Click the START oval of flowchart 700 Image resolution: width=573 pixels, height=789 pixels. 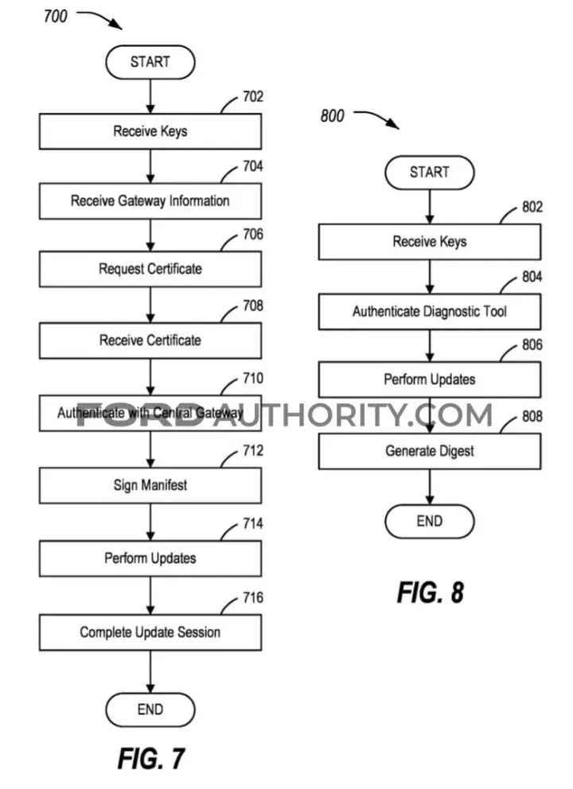click(x=150, y=62)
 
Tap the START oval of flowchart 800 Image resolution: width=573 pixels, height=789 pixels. click(x=430, y=172)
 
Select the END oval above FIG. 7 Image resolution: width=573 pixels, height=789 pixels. click(x=150, y=709)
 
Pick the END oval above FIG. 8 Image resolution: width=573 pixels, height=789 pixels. click(x=430, y=521)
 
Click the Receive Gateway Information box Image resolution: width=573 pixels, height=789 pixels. click(x=150, y=200)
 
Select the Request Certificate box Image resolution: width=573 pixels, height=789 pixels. click(x=150, y=269)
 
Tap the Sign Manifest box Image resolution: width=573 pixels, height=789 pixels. click(x=150, y=485)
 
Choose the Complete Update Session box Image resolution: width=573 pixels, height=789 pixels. click(x=150, y=632)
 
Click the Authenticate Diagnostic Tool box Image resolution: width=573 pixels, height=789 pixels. click(x=430, y=312)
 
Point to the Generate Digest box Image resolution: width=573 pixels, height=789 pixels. click(x=430, y=451)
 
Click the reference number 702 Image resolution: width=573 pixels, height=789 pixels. click(x=253, y=96)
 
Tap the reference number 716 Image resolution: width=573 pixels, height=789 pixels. click(x=253, y=597)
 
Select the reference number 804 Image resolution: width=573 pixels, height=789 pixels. click(x=532, y=277)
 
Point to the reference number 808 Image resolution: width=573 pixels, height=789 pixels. click(x=532, y=416)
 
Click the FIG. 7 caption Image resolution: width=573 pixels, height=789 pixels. click(x=151, y=758)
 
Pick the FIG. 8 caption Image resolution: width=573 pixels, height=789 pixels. click(x=431, y=593)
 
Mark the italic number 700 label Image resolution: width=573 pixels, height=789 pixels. click(x=56, y=16)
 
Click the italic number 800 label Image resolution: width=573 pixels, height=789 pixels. click(x=333, y=116)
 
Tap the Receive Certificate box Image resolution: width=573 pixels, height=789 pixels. click(x=150, y=340)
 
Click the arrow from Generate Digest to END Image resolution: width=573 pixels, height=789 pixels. click(x=430, y=487)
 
